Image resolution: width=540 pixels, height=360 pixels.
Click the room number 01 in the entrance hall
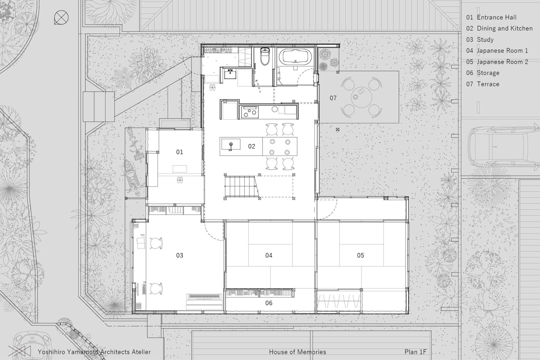(x=179, y=152)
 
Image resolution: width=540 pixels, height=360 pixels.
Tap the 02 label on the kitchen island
(x=251, y=146)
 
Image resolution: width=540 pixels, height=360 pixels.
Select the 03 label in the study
(x=179, y=255)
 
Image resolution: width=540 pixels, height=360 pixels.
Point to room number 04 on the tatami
(x=269, y=255)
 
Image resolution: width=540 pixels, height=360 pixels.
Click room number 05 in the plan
(x=360, y=255)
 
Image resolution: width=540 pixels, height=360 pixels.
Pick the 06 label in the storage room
(x=269, y=303)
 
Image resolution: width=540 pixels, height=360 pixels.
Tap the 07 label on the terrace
(x=333, y=98)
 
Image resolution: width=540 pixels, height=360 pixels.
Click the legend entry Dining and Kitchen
(x=499, y=28)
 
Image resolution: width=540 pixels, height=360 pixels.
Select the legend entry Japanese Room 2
(x=497, y=62)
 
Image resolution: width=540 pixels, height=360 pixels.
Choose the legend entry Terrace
(x=483, y=84)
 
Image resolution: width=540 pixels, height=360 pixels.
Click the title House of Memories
(x=297, y=352)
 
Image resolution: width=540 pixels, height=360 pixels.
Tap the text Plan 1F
(x=415, y=352)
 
